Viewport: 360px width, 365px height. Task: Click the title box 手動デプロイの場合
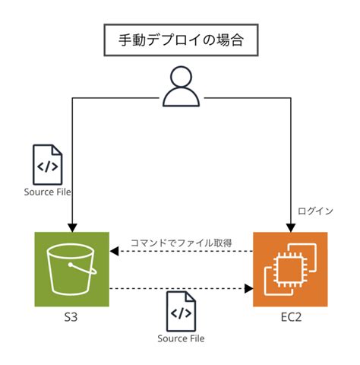pyautogui.click(x=180, y=40)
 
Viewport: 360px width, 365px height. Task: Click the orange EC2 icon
pyautogui.click(x=289, y=268)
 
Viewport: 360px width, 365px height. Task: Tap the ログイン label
pyautogui.click(x=314, y=211)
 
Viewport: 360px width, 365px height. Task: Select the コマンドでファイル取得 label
pyautogui.click(x=181, y=243)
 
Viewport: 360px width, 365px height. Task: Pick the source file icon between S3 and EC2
pyautogui.click(x=181, y=312)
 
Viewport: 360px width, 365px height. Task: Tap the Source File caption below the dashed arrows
pyautogui.click(x=181, y=338)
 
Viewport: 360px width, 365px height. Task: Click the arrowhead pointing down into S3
pyautogui.click(x=71, y=227)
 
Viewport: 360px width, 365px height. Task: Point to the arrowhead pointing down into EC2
pyautogui.click(x=289, y=227)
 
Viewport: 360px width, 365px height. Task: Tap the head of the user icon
pyautogui.click(x=180, y=77)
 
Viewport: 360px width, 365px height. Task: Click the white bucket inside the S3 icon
pyautogui.click(x=71, y=271)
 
